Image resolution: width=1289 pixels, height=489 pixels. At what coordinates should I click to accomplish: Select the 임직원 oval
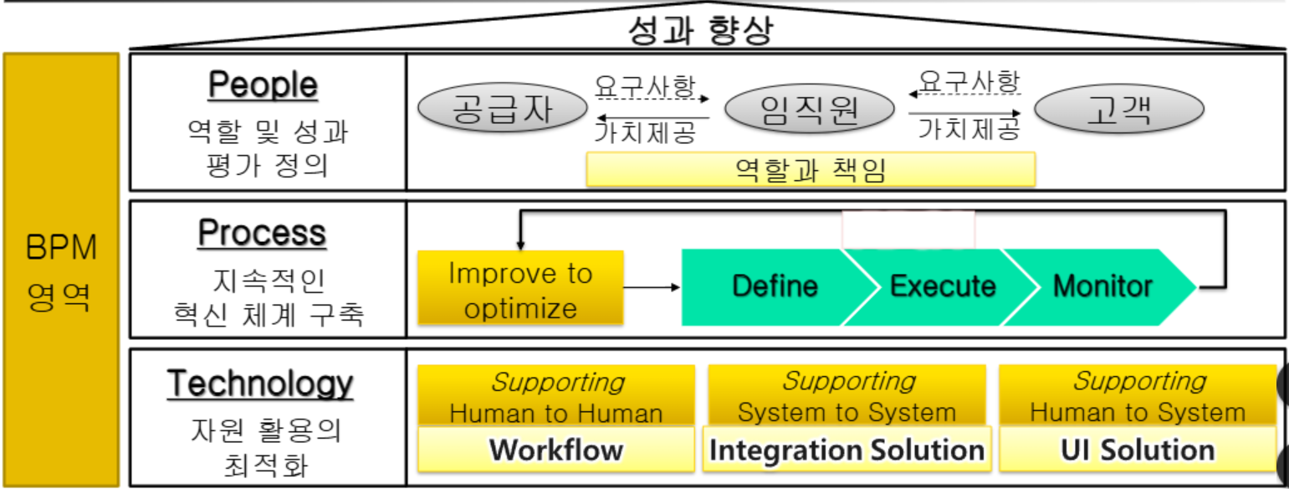[x=809, y=110]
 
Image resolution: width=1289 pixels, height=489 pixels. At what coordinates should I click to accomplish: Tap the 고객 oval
[x=1119, y=110]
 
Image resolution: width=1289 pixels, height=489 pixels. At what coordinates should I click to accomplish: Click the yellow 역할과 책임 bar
[x=811, y=170]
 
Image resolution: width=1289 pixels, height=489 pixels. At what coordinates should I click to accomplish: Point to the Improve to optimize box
[x=520, y=289]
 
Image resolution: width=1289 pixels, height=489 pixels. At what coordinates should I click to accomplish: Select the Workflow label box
[x=556, y=450]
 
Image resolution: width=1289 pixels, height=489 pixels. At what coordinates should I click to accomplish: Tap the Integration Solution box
[x=847, y=450]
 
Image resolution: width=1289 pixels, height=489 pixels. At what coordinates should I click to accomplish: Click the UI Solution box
[x=1138, y=450]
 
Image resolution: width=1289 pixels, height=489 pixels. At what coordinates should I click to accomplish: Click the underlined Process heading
[x=262, y=233]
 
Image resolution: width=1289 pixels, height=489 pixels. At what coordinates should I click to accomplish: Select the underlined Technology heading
[x=260, y=383]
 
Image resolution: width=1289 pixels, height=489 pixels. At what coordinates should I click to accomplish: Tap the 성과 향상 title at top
[x=701, y=30]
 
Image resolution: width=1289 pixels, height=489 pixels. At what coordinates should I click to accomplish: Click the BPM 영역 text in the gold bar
[x=62, y=273]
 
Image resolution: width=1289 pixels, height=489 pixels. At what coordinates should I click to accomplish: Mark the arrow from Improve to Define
[x=652, y=287]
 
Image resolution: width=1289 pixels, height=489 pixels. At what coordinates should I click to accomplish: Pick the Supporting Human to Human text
[x=556, y=397]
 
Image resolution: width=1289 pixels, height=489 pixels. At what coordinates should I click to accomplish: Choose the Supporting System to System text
[x=847, y=397]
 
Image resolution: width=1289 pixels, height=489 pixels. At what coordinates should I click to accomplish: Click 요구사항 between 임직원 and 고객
[x=969, y=82]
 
